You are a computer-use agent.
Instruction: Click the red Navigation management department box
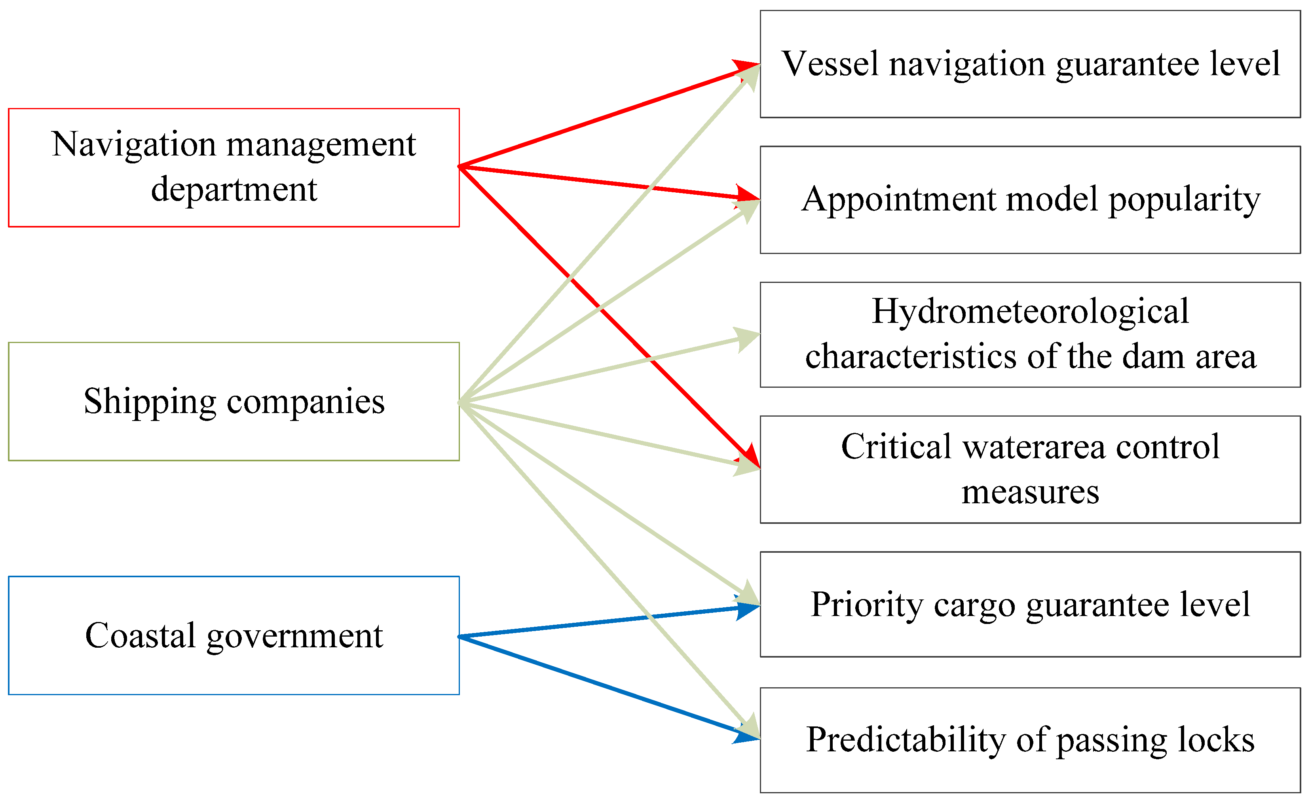(x=234, y=167)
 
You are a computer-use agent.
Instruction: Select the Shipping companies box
(x=234, y=401)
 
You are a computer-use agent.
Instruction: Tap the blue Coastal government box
(x=234, y=635)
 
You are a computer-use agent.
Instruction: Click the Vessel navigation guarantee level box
(x=1030, y=64)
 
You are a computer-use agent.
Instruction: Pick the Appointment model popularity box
(x=1030, y=200)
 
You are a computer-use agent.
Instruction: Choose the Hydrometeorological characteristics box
(x=1030, y=335)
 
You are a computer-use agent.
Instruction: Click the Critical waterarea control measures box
(x=1030, y=470)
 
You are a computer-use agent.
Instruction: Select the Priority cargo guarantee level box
(x=1030, y=604)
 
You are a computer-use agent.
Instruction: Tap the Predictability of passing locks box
(x=1030, y=740)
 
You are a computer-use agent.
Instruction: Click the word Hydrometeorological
(x=1030, y=311)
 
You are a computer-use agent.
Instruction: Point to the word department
(x=234, y=190)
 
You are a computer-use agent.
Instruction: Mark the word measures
(x=1030, y=492)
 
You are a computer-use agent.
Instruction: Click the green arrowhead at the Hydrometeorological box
(x=748, y=338)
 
